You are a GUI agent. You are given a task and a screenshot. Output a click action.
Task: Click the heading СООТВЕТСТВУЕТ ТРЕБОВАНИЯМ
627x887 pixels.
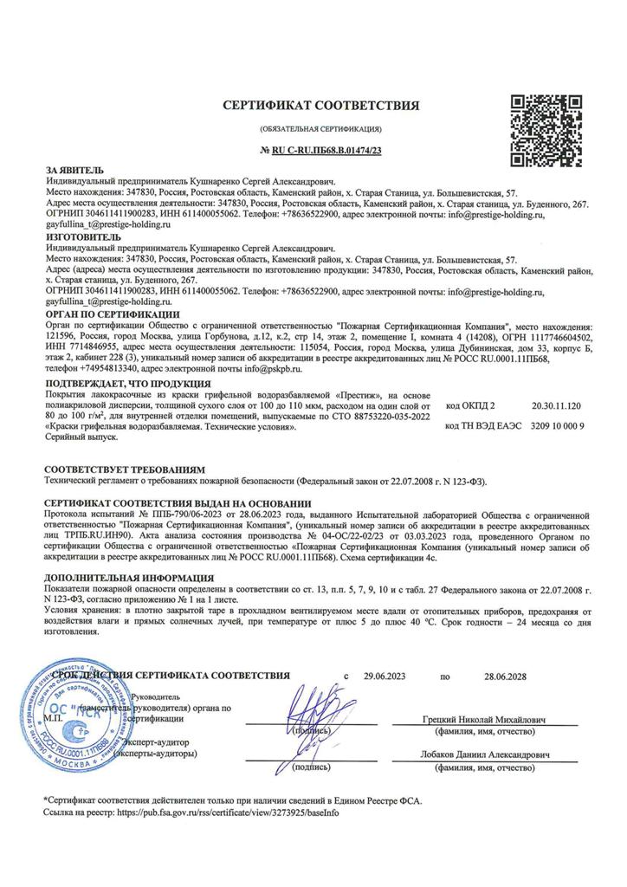point(125,469)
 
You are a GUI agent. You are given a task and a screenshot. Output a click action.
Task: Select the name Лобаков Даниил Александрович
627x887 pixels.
point(485,755)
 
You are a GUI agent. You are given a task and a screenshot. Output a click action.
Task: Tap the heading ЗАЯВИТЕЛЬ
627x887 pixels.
point(74,170)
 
